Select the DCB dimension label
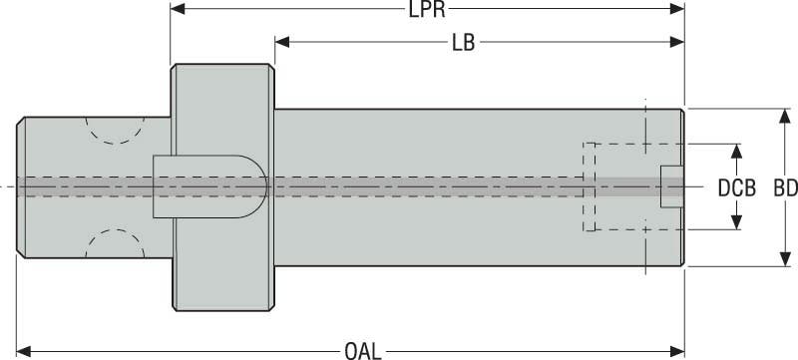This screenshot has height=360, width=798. coord(736,187)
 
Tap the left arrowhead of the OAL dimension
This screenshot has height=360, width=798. coord(24,350)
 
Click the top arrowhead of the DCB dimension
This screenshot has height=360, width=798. coord(736,150)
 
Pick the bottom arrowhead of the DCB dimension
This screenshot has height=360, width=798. coord(736,223)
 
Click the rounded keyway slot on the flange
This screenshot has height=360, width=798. coord(209,186)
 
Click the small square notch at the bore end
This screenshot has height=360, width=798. coord(671,186)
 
